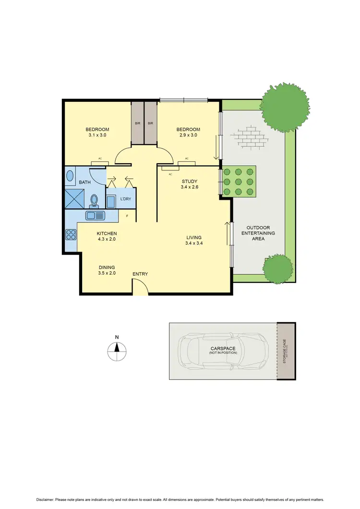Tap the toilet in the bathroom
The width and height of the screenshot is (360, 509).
pyautogui.click(x=94, y=199)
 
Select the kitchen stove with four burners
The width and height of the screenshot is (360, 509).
pyautogui.click(x=71, y=235)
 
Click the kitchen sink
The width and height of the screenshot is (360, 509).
pyautogui.click(x=95, y=216)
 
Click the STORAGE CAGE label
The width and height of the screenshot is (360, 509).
pyautogui.click(x=286, y=351)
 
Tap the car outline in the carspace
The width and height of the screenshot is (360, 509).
pyautogui.click(x=223, y=351)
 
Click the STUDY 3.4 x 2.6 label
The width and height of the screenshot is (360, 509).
pyautogui.click(x=190, y=184)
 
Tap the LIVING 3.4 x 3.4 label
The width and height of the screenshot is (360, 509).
pyautogui.click(x=194, y=240)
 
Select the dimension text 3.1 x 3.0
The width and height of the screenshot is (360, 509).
pyautogui.click(x=97, y=135)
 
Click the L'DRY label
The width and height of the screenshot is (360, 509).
pyautogui.click(x=126, y=199)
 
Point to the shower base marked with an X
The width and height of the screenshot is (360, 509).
pyautogui.click(x=74, y=198)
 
